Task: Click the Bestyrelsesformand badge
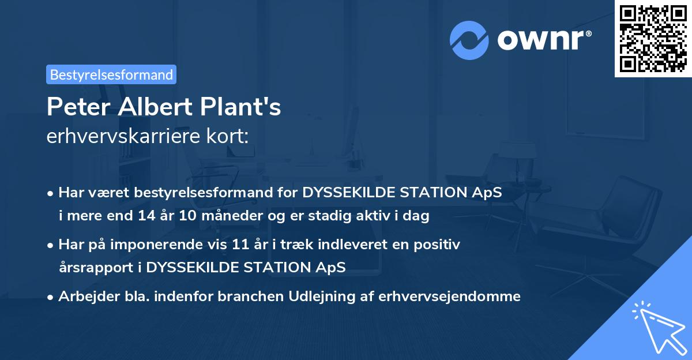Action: (x=111, y=74)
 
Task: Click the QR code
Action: (x=653, y=39)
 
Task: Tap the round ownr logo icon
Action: (x=469, y=40)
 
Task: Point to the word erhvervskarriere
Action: (x=126, y=136)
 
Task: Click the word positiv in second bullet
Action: (x=440, y=245)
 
